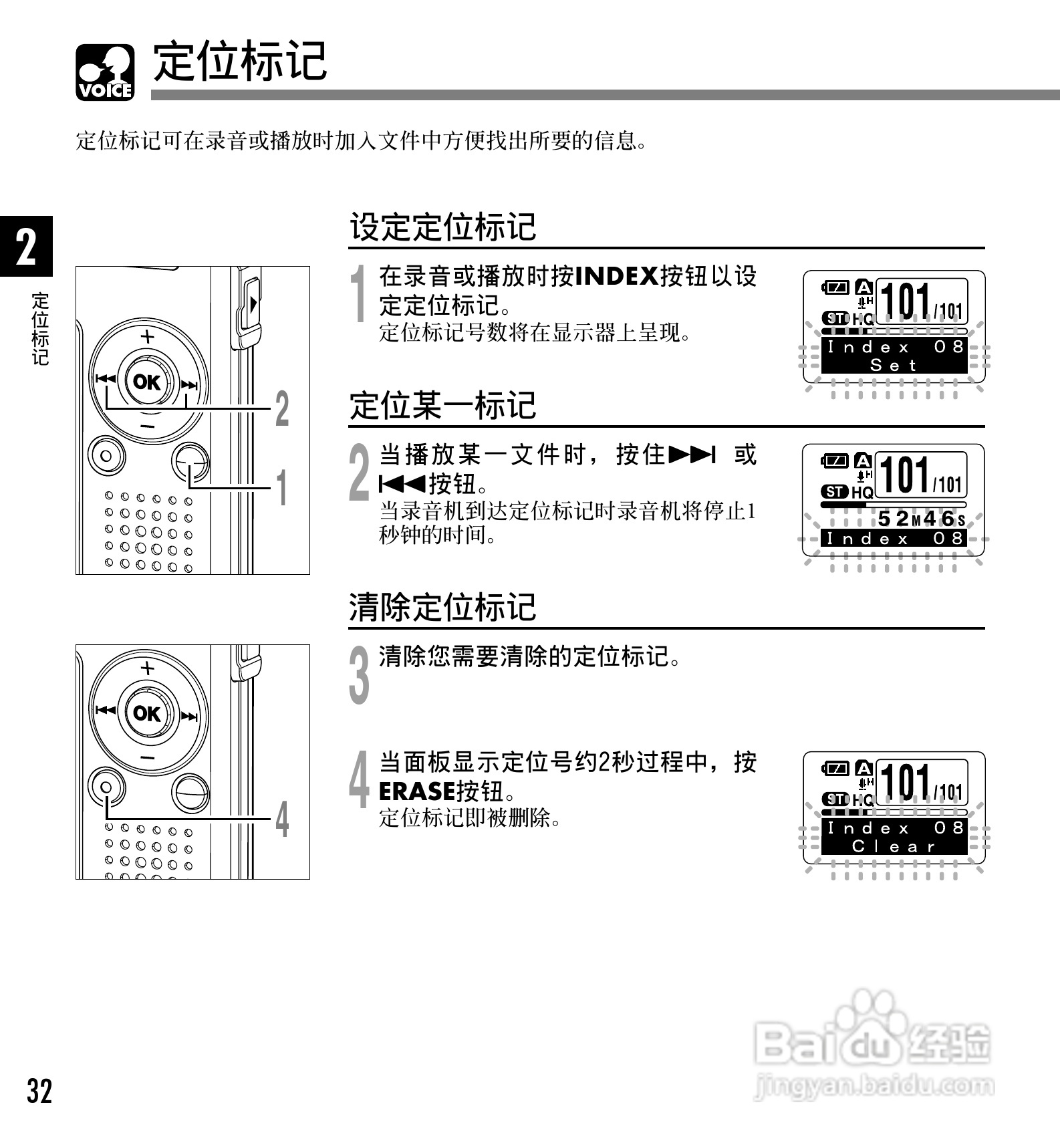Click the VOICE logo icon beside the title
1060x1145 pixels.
tap(106, 72)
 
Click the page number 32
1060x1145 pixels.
tap(39, 1091)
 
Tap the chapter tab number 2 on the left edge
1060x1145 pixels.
tap(26, 247)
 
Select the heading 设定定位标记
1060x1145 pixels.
tap(442, 227)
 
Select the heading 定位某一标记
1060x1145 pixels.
tap(442, 406)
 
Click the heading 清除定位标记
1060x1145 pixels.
tap(442, 608)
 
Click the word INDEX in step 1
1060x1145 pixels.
tap(617, 276)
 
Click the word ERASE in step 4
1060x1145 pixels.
tap(417, 791)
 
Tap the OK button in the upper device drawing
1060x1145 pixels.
tap(147, 382)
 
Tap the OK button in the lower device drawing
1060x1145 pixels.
tap(147, 713)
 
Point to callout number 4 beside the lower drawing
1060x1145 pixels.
tap(283, 819)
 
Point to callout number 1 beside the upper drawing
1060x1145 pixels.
tap(283, 487)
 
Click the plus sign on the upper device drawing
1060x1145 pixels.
tap(147, 336)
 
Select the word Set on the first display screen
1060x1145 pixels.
tap(893, 365)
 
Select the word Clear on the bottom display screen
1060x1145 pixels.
tap(893, 846)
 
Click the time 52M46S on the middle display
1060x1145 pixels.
tap(921, 519)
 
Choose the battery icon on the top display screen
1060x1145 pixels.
tap(835, 287)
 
